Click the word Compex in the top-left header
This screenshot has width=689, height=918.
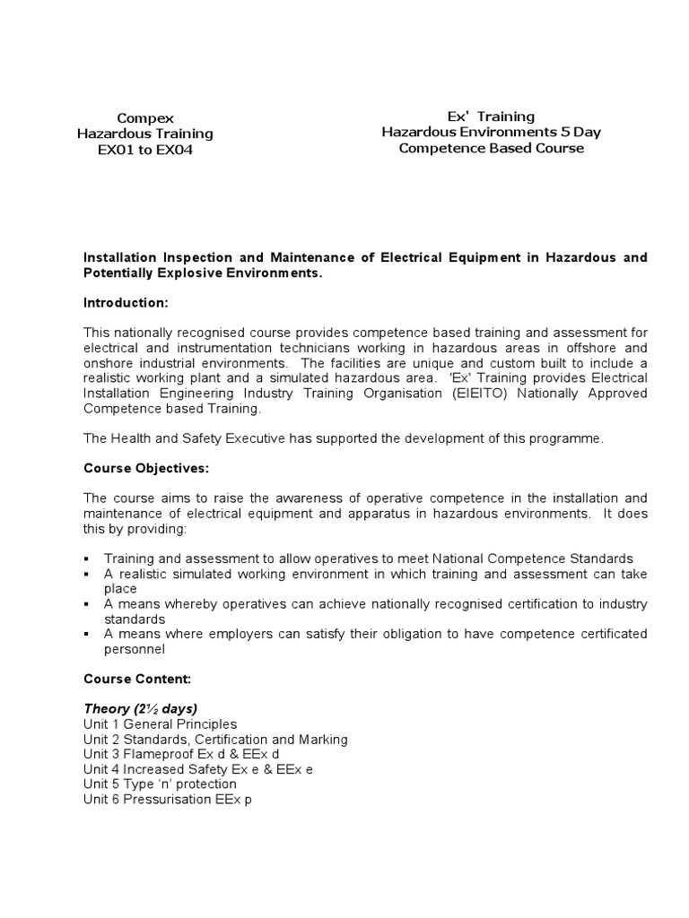click(x=145, y=117)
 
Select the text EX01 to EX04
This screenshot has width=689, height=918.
click(x=145, y=150)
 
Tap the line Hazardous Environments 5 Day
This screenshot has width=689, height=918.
click(x=491, y=132)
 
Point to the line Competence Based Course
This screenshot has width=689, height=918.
click(x=491, y=148)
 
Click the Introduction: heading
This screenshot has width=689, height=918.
click(x=126, y=303)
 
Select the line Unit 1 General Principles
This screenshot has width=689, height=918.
click(x=160, y=723)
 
